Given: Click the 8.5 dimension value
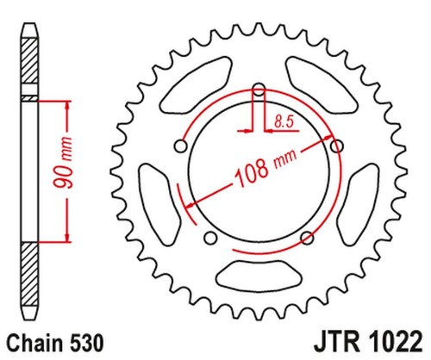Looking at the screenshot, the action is coord(284,121).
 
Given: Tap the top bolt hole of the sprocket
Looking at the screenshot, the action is coord(259,89).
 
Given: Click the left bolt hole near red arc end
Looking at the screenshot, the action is coord(181,146).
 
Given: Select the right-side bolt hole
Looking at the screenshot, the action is coord(337,146).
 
